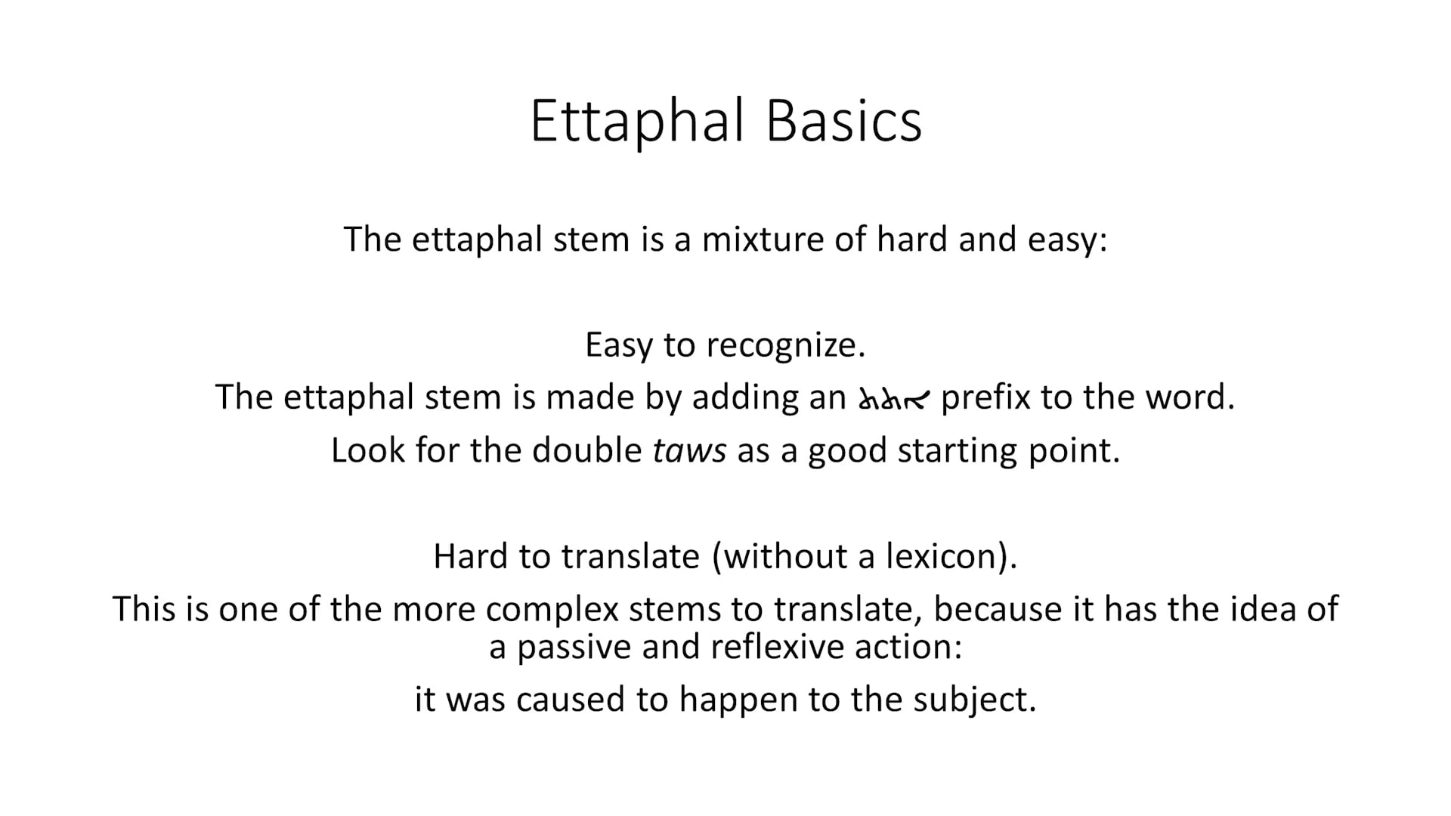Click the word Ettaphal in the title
[x=637, y=121]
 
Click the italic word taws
[x=689, y=450]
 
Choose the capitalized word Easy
[x=618, y=345]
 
